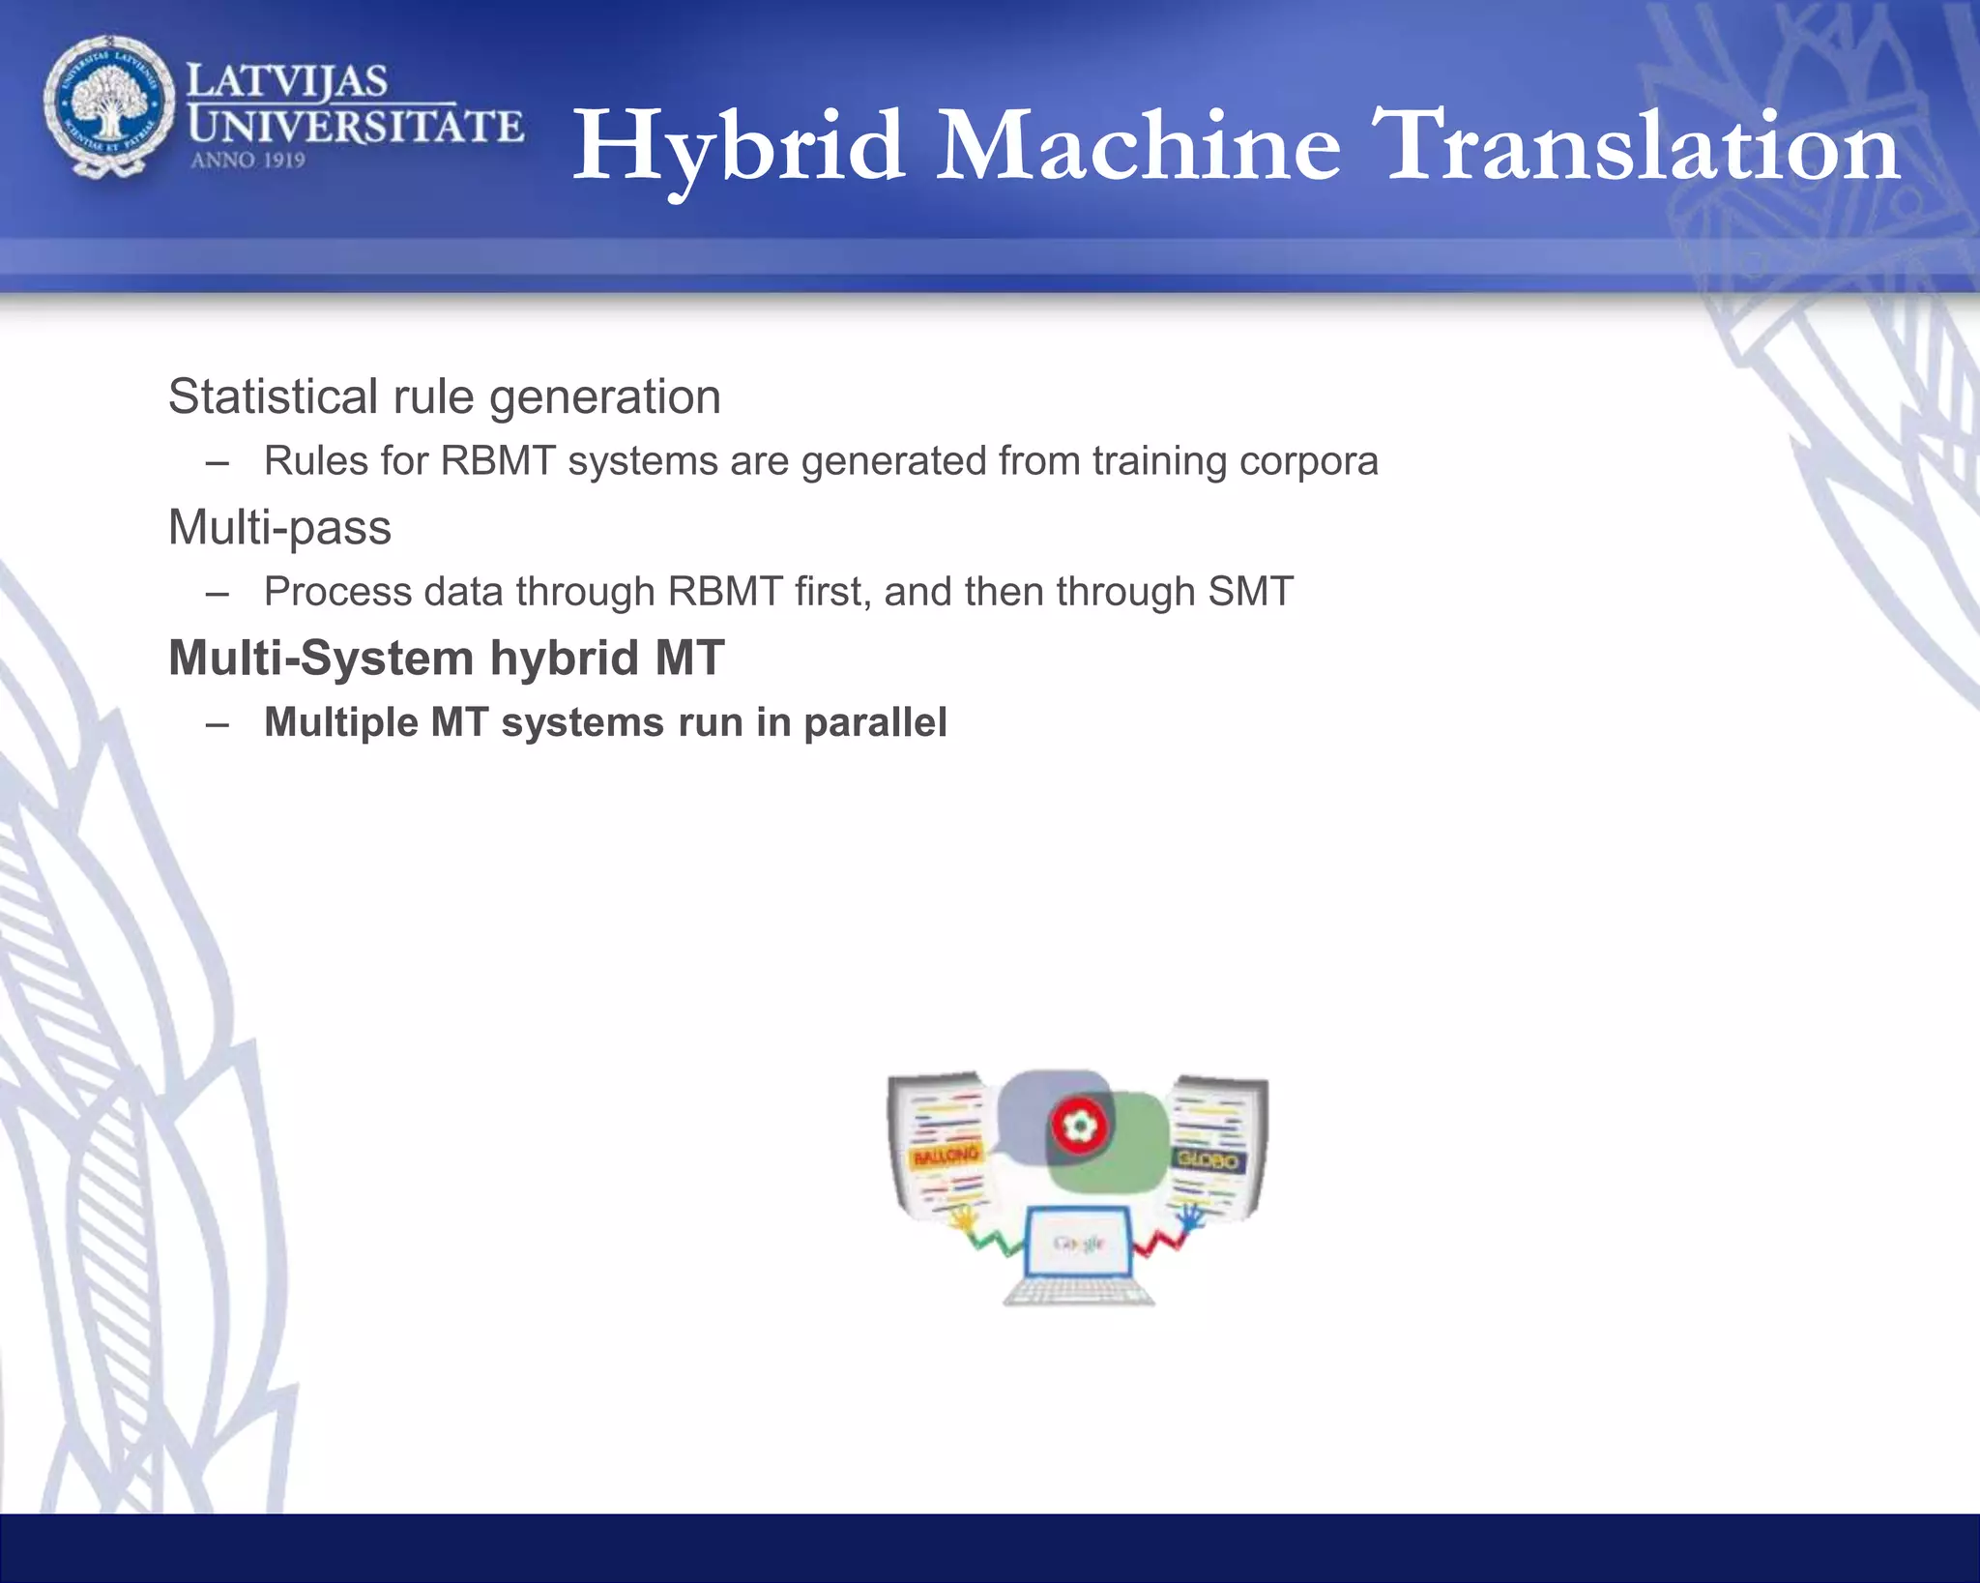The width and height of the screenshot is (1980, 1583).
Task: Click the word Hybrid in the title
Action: click(740, 147)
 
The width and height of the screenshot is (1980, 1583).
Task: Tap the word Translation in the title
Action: click(1641, 147)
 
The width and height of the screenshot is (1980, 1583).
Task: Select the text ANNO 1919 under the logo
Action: click(247, 161)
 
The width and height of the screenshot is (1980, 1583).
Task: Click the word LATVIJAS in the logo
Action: click(286, 80)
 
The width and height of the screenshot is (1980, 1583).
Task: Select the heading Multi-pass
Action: click(279, 528)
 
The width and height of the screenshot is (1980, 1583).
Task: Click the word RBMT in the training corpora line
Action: click(498, 460)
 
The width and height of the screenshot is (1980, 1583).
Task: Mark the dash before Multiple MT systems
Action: click(218, 723)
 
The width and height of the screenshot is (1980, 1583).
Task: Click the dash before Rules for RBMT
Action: click(218, 461)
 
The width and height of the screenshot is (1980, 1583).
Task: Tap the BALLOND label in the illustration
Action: click(946, 1156)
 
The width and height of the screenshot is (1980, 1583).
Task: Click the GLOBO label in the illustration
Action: click(1208, 1158)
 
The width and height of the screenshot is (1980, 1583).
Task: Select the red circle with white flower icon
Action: click(1079, 1125)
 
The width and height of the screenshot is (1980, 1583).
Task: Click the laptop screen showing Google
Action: click(1079, 1243)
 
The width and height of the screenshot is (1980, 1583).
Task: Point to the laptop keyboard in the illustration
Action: click(1079, 1292)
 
